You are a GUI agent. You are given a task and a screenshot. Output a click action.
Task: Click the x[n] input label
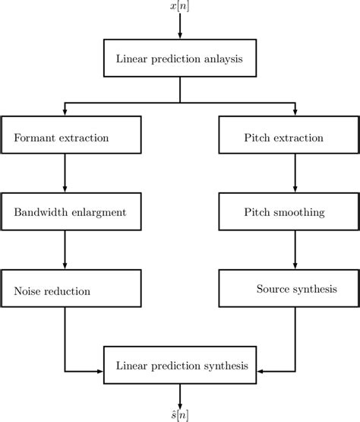click(x=180, y=6)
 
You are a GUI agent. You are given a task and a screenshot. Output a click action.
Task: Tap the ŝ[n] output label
click(x=180, y=414)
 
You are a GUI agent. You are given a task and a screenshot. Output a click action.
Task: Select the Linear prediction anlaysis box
click(x=180, y=59)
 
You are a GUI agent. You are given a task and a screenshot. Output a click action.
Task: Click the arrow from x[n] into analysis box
click(x=180, y=26)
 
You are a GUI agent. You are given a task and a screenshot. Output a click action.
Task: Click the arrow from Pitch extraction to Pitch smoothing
click(x=295, y=176)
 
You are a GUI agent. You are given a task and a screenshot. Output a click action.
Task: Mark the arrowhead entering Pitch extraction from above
click(x=295, y=112)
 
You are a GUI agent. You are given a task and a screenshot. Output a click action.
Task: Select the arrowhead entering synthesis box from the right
click(x=261, y=371)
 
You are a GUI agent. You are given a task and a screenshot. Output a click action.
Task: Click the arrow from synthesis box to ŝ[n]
click(x=180, y=395)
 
